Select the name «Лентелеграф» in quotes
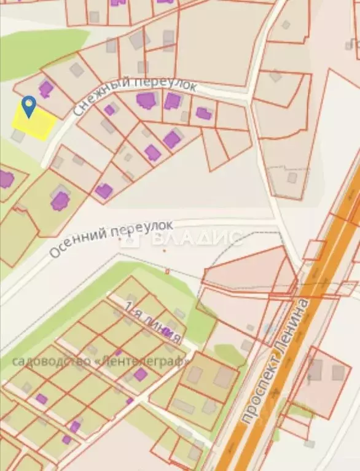click(141, 360)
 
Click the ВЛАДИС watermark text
click(197, 237)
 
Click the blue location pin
click(28, 106)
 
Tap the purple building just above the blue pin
click(46, 88)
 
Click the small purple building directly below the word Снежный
click(109, 110)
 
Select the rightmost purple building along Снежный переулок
click(204, 114)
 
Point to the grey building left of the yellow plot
click(18, 136)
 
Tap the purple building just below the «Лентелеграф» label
click(141, 375)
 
